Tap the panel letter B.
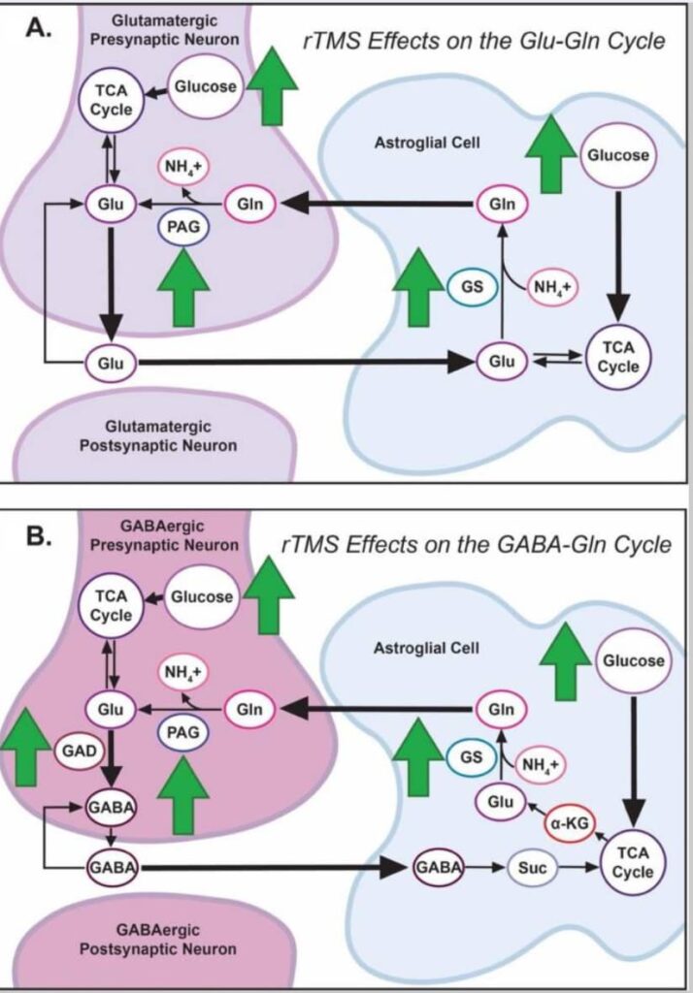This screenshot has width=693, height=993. pyautogui.click(x=38, y=535)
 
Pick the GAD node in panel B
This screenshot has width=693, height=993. pyautogui.click(x=78, y=751)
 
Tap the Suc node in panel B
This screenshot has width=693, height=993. pyautogui.click(x=530, y=867)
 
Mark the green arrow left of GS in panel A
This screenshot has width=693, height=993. pyautogui.click(x=416, y=287)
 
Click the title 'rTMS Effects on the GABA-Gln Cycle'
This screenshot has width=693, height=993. pyautogui.click(x=476, y=545)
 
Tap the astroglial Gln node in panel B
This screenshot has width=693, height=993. pyautogui.click(x=501, y=709)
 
